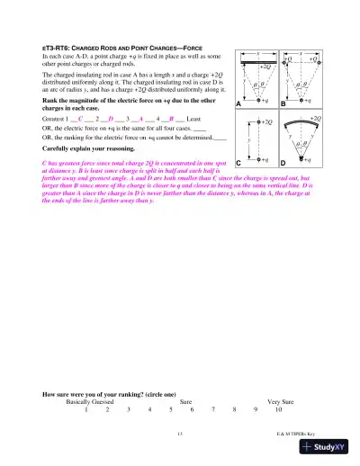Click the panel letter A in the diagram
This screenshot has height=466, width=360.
click(239, 105)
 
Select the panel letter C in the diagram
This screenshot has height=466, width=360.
click(239, 162)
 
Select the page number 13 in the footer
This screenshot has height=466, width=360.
click(180, 435)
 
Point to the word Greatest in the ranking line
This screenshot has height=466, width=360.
click(55, 118)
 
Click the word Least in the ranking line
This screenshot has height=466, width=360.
click(182, 118)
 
